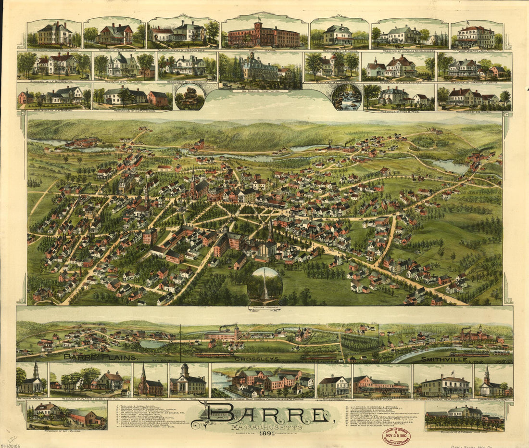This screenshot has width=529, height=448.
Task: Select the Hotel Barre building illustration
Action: (x=264, y=35)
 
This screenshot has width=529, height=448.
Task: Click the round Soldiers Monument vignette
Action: (x=265, y=286)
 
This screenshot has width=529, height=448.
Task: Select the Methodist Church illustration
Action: (x=32, y=380)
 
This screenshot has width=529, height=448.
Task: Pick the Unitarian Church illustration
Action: (x=150, y=381)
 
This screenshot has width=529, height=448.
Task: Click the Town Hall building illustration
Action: (x=189, y=381)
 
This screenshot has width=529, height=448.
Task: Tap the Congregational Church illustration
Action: (x=493, y=382)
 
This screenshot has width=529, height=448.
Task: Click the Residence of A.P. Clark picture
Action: (x=67, y=415)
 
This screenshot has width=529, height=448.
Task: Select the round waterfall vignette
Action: (x=346, y=97)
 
